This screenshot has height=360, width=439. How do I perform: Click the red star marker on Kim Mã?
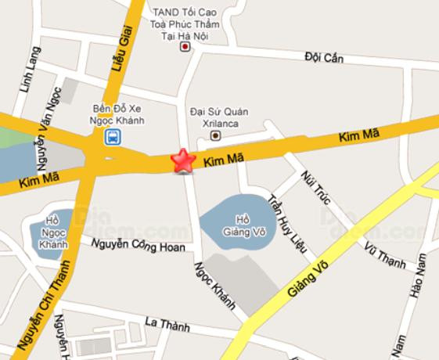[x=183, y=160]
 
